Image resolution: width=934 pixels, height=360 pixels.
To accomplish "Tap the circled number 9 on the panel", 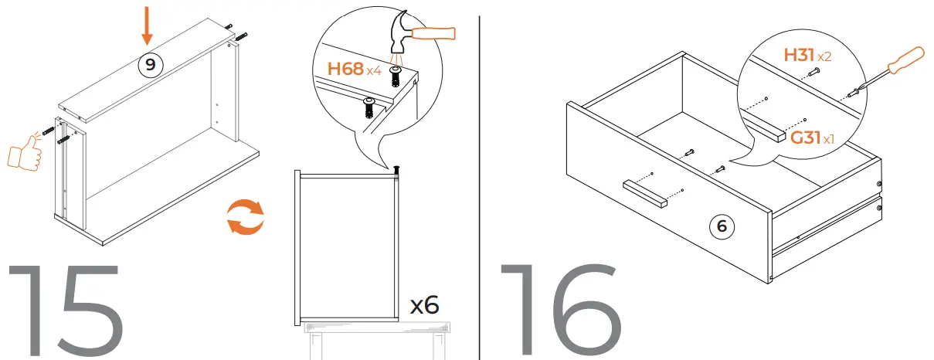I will [150, 64].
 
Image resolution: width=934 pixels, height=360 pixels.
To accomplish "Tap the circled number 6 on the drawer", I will [722, 226].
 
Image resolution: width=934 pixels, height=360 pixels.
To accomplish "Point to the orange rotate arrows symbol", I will [245, 216].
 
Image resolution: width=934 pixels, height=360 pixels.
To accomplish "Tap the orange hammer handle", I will [433, 32].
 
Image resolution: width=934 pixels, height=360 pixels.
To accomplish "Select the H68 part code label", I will [345, 69].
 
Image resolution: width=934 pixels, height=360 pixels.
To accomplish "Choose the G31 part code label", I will [804, 138].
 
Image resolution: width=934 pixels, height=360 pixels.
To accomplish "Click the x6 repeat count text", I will [424, 304].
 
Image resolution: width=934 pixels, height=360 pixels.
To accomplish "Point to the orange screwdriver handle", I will [904, 60].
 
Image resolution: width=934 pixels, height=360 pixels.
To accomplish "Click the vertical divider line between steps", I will [480, 180].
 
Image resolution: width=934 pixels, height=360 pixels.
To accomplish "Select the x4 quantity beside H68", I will [374, 71].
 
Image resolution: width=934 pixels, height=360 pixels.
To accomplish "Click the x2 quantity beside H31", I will [824, 57].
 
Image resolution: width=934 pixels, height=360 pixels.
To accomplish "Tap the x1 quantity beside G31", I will [828, 140].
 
